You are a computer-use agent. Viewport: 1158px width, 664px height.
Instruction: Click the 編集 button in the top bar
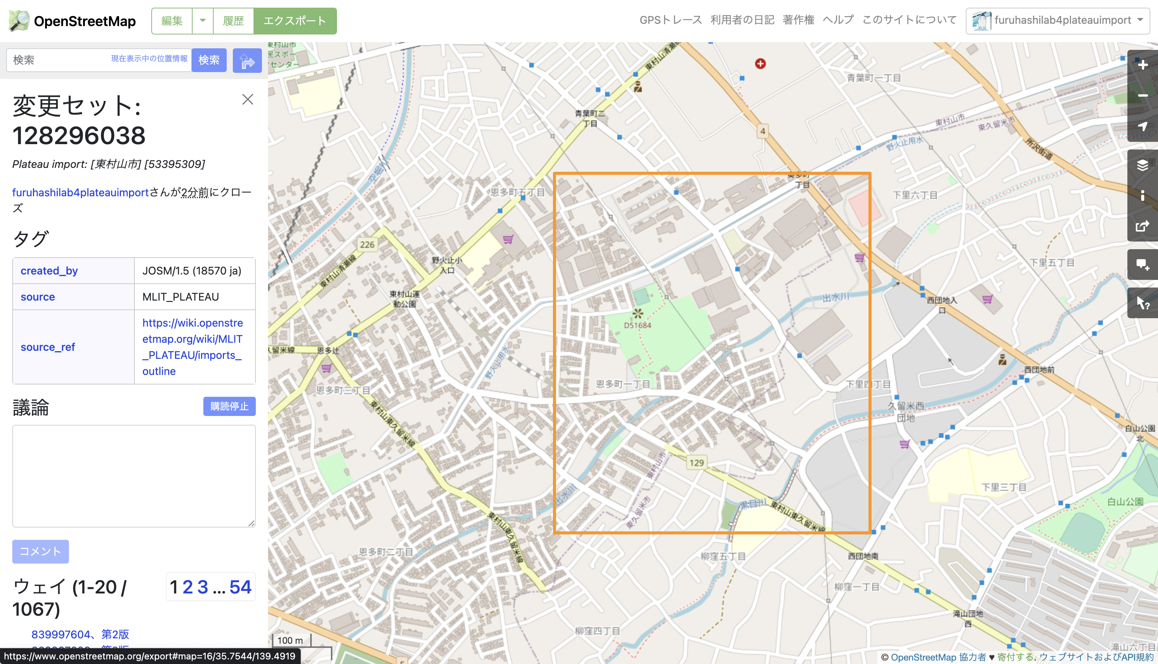click(172, 21)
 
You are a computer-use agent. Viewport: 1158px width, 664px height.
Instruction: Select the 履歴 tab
click(233, 21)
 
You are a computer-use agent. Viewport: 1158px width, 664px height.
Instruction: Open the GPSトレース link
click(670, 20)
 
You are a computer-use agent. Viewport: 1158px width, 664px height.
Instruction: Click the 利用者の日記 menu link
click(742, 20)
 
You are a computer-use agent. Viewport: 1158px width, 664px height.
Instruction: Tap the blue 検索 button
click(209, 60)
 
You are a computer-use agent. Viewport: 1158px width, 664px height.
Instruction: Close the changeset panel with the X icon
click(247, 99)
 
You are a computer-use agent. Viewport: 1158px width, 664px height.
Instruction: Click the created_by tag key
click(49, 271)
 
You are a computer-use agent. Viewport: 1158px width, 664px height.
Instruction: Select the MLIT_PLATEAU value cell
click(180, 297)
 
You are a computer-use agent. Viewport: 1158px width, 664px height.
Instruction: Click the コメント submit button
click(41, 551)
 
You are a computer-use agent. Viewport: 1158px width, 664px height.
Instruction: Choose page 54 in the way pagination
click(240, 587)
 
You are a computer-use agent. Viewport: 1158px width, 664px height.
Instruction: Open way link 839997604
click(61, 634)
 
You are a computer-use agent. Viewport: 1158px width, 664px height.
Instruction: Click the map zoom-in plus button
click(1142, 65)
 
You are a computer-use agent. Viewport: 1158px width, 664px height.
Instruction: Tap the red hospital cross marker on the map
click(760, 64)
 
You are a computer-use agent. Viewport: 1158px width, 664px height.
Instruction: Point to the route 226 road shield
click(367, 245)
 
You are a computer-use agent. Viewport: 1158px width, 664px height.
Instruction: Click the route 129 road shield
click(697, 463)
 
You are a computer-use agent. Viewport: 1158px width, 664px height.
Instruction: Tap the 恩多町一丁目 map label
click(623, 384)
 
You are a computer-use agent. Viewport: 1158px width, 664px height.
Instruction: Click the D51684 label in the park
click(637, 325)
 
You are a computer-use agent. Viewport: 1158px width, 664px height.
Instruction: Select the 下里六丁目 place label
click(915, 195)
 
